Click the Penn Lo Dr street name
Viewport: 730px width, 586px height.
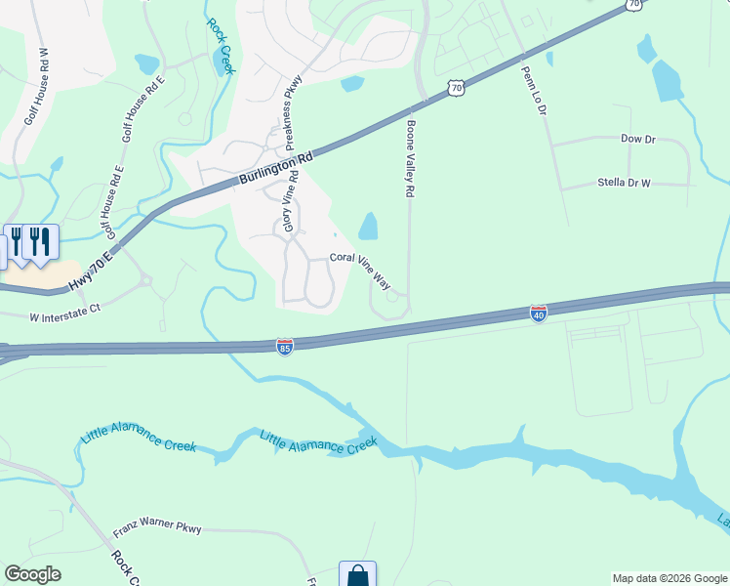pos(533,91)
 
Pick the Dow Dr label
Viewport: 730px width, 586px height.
pos(637,140)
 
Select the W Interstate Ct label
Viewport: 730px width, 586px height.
pos(65,316)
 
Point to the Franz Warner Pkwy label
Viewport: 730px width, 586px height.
pos(156,529)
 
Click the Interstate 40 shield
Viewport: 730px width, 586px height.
pos(538,314)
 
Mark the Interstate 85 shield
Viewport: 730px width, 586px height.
pos(284,347)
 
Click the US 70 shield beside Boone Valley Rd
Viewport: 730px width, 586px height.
pos(455,88)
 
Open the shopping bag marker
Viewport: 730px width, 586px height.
pos(357,575)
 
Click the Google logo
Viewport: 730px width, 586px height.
pos(32,574)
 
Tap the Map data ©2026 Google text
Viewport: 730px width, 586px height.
pos(669,578)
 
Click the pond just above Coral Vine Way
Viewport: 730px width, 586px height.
pos(368,227)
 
